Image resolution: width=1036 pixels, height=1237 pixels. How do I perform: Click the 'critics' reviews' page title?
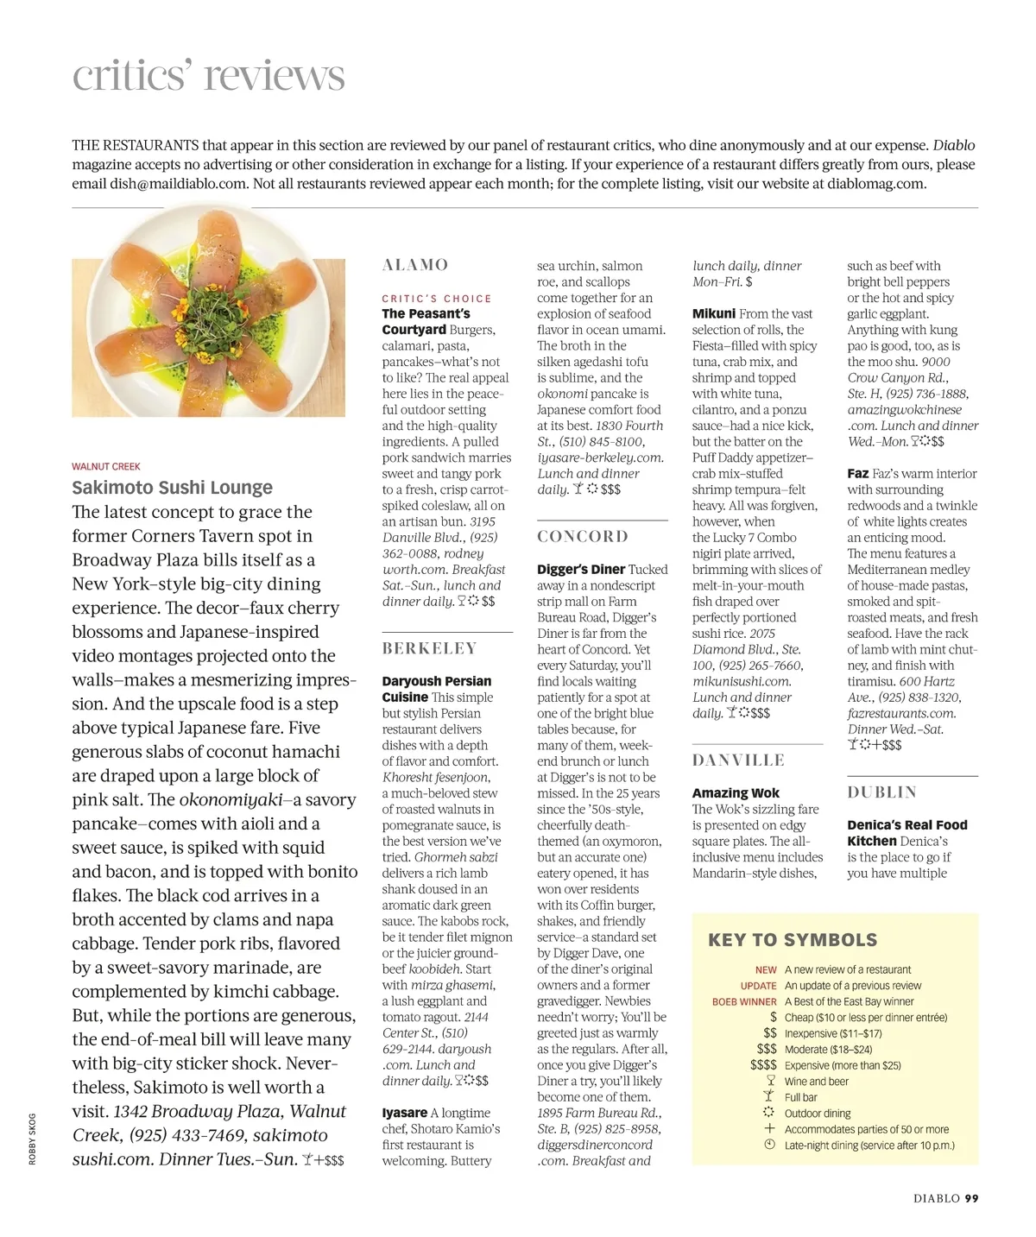tap(208, 75)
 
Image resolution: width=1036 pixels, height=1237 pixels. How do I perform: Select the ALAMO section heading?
tap(415, 265)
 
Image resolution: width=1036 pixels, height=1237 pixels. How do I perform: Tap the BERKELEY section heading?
tap(429, 648)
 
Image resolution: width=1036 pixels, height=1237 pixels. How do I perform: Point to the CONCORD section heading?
tap(583, 536)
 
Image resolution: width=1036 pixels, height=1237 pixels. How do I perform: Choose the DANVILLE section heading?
tap(738, 761)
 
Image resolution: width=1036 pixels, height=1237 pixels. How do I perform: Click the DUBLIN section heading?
tap(881, 792)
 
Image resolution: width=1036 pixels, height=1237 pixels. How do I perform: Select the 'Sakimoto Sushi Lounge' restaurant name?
tap(172, 488)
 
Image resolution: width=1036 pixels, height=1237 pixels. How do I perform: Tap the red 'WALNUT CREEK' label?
tap(105, 467)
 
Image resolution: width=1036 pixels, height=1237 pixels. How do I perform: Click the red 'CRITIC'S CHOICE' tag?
tap(437, 299)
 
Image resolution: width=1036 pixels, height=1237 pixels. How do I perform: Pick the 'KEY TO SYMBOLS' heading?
tap(792, 940)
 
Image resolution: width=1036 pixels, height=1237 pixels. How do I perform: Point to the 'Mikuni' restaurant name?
tap(714, 314)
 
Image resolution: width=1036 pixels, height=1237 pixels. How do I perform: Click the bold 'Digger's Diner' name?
tap(581, 570)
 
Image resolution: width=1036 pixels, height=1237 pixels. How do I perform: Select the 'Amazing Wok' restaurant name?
tap(736, 793)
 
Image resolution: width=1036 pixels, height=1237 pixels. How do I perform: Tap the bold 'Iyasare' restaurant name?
tap(404, 1114)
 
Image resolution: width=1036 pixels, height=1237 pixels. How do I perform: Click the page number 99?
tap(971, 1198)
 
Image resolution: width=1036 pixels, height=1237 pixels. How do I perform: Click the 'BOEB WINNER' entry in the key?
tap(744, 1002)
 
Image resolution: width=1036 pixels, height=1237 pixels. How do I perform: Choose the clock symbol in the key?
tap(770, 1145)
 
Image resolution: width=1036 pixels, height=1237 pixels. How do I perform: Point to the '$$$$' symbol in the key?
tap(763, 1065)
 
